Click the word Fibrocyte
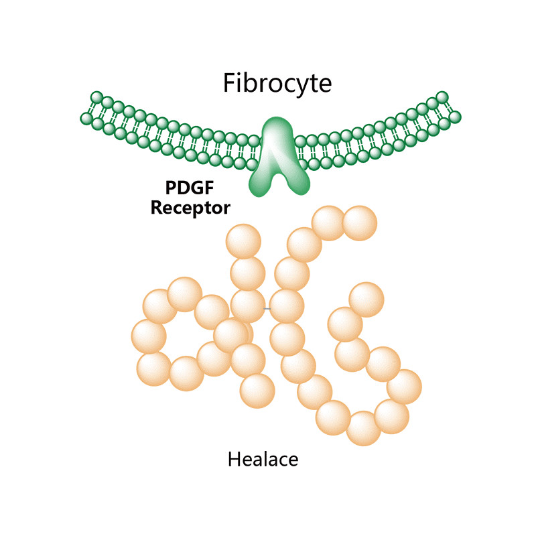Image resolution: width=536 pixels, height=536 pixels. tap(277, 84)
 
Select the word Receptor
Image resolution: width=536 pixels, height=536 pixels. tap(190, 207)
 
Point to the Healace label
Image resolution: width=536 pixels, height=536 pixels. tap(263, 460)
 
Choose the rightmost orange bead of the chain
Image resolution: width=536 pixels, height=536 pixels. tap(404, 387)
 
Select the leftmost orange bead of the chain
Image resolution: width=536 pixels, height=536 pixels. tap(149, 335)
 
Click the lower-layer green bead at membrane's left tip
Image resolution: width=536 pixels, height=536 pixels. tap(86, 119)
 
